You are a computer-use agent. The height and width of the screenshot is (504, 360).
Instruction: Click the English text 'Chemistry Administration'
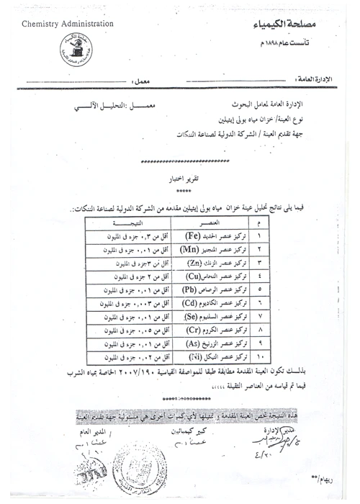(68, 24)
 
